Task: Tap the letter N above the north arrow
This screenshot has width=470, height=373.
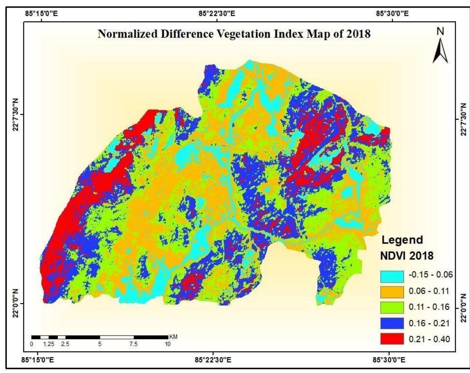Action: (441, 32)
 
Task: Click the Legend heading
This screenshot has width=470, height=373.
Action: (402, 240)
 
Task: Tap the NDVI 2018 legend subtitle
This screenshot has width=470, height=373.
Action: (407, 256)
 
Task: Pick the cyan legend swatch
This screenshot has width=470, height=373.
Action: (392, 276)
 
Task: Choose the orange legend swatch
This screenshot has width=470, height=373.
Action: (392, 292)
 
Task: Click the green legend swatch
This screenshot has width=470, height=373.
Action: (392, 308)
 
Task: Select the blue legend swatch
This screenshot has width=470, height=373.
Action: (392, 323)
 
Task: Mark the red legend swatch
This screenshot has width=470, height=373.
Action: (392, 339)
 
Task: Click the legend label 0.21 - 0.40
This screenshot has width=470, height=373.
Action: (429, 339)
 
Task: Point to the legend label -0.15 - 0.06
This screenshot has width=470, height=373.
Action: (430, 275)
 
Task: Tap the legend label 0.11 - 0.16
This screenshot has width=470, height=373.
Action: (429, 307)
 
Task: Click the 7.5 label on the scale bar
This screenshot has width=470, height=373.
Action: (133, 344)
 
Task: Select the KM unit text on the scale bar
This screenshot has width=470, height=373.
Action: (173, 337)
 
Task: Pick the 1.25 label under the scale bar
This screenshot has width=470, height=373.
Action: (49, 344)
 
